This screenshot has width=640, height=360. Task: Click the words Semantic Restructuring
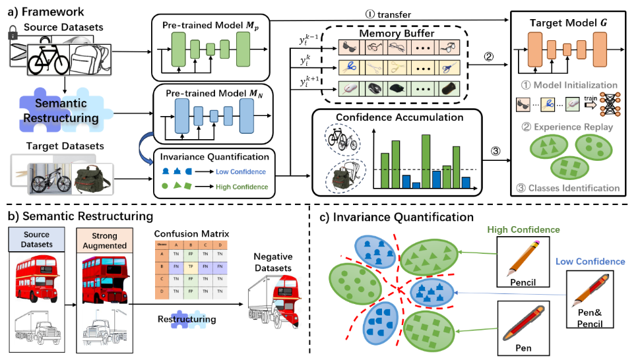[x=60, y=111]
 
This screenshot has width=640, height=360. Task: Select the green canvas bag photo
[x=92, y=178]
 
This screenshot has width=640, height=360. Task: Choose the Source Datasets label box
[x=36, y=239]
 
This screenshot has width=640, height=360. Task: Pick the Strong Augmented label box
[x=104, y=241]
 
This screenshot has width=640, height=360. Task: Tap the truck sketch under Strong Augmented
[x=105, y=327]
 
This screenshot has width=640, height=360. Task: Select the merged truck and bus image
[x=274, y=301]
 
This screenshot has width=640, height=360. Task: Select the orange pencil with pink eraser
[x=525, y=258]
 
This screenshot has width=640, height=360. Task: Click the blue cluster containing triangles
[x=432, y=293]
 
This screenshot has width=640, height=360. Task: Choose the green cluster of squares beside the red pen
[x=428, y=330]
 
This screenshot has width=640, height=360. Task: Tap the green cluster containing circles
[x=355, y=284]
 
